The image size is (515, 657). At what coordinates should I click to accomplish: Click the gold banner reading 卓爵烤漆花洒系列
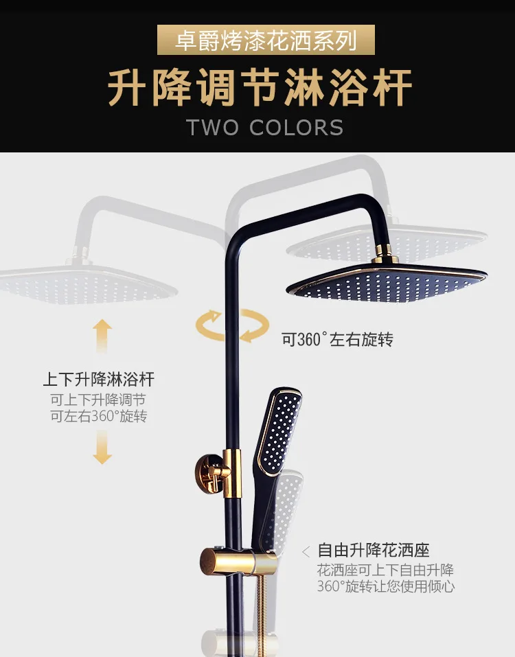point(266,40)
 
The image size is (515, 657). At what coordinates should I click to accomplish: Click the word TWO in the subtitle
point(212,128)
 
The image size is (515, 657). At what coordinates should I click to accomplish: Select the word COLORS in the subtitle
point(297,128)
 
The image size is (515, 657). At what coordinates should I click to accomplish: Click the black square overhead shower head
point(387,282)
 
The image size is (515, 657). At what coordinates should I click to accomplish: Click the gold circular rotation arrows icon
point(233,325)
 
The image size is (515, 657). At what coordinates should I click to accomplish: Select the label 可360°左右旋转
point(337,339)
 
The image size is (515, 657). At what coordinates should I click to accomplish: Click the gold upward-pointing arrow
point(102,336)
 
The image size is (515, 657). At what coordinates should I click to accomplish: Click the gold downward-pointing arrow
point(102,448)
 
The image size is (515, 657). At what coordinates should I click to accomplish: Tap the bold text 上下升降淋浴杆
point(99,380)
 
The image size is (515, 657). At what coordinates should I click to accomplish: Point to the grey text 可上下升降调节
point(98,400)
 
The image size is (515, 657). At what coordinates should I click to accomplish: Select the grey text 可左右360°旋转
point(98,417)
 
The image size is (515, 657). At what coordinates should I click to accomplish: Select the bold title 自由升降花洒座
point(374,550)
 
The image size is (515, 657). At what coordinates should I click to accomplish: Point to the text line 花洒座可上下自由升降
point(385,570)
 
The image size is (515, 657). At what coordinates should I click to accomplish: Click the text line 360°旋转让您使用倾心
point(385,586)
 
